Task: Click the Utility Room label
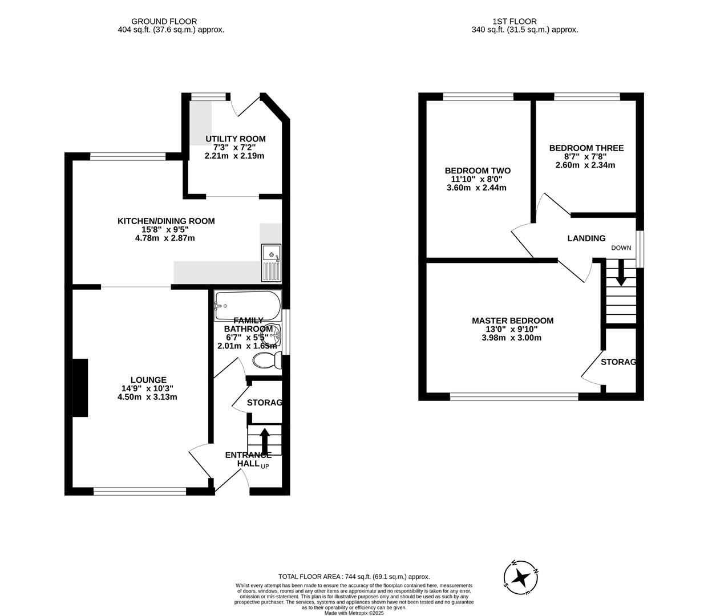click(236, 139)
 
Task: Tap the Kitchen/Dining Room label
click(166, 221)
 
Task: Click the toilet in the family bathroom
click(266, 360)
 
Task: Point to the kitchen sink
click(271, 262)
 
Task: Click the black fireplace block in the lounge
click(80, 388)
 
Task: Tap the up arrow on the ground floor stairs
click(265, 440)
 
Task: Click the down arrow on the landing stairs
click(621, 273)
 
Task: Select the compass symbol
click(520, 578)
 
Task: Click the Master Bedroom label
click(512, 321)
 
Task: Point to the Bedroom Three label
click(586, 148)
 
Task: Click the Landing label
click(586, 238)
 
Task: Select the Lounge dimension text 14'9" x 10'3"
click(147, 388)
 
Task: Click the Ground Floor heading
click(164, 22)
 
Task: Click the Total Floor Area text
click(354, 577)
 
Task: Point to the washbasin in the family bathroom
click(274, 336)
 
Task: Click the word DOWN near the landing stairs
click(621, 248)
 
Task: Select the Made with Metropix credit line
click(354, 613)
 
